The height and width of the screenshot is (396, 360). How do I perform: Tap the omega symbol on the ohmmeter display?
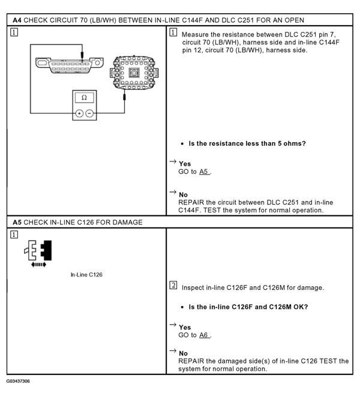click(x=83, y=97)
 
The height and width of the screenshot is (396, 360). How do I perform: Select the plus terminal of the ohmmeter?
click(x=79, y=113)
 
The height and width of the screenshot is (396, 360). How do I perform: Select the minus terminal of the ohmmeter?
click(x=89, y=113)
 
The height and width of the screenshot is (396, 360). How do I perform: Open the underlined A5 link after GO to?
click(x=205, y=172)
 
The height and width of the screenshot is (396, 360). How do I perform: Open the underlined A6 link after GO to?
click(x=205, y=335)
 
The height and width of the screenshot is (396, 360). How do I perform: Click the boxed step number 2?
click(x=173, y=285)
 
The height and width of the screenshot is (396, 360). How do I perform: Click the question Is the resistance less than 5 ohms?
click(x=247, y=143)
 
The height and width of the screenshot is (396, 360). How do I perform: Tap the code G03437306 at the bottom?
click(x=19, y=381)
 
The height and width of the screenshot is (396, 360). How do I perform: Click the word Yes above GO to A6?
click(x=185, y=327)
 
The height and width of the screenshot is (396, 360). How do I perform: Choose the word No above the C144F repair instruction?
click(x=184, y=195)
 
